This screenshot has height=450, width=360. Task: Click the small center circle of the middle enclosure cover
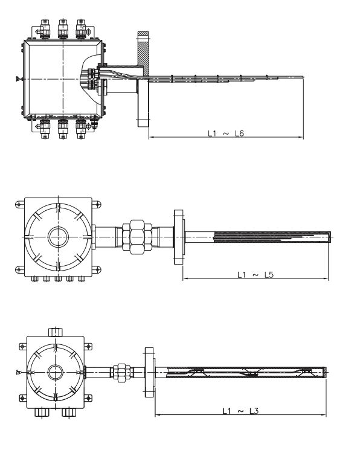coord(59,235)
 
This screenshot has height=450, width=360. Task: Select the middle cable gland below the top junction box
coord(62,129)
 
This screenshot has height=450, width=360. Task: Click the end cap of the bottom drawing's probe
coord(326,371)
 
